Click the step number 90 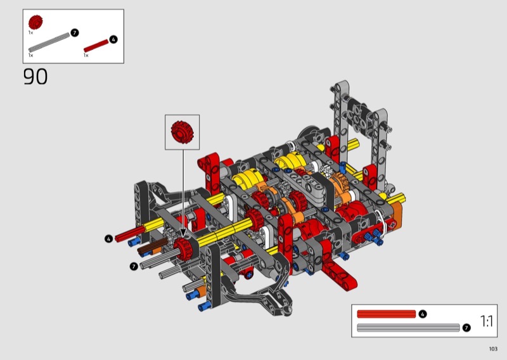pos(35,77)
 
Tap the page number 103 pos(493,349)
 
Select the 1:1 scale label pos(487,321)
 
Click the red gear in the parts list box pos(35,22)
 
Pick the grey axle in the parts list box pos(49,42)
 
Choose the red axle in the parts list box pos(96,46)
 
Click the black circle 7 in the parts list pos(74,33)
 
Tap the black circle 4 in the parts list pos(113,39)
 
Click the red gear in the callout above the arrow pos(182,132)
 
